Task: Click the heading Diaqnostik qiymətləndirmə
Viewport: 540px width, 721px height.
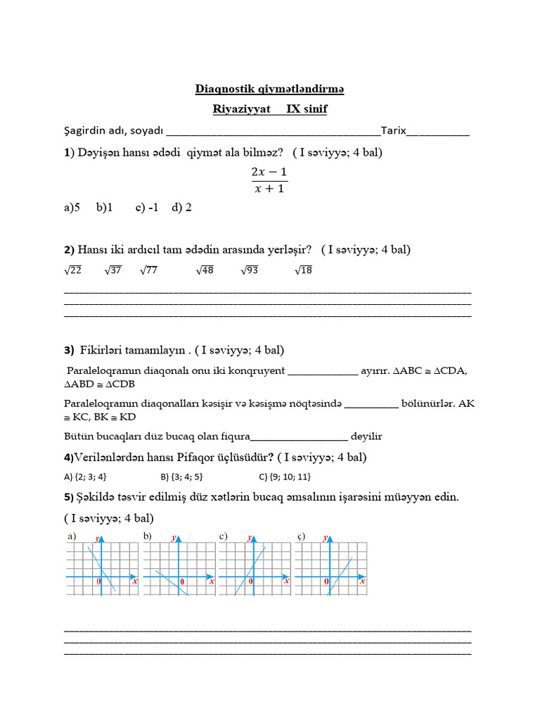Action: click(x=269, y=89)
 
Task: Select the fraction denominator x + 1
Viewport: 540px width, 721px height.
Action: click(x=269, y=188)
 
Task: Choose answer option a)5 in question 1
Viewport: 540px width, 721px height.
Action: click(x=72, y=208)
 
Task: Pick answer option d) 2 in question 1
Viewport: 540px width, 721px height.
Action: click(x=181, y=208)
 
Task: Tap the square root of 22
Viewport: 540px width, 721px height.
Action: click(x=73, y=270)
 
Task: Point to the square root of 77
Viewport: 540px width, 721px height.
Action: click(x=148, y=270)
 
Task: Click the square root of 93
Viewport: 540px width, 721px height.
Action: click(x=250, y=270)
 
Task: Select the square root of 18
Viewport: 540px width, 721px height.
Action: click(x=303, y=270)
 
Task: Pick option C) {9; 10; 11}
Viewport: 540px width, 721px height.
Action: click(x=285, y=476)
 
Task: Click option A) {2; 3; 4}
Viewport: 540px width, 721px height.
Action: click(x=85, y=476)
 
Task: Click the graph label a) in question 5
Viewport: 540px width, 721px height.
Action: click(x=71, y=537)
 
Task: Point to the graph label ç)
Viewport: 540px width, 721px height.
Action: click(x=300, y=537)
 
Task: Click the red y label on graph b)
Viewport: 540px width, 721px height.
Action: click(x=174, y=537)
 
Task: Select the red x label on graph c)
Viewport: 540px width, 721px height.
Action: click(x=286, y=582)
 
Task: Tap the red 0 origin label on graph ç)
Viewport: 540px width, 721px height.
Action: click(x=326, y=582)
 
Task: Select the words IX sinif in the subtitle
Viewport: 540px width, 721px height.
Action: click(x=307, y=109)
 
